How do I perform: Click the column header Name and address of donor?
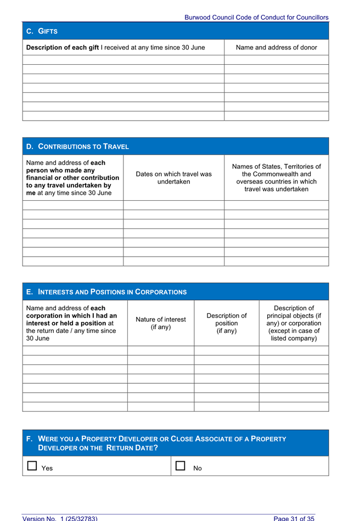click(x=276, y=47)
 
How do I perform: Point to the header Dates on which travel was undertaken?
click(x=173, y=177)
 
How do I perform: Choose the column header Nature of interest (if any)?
click(x=160, y=322)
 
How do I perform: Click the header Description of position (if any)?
click(x=226, y=322)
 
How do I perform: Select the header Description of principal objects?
click(x=294, y=322)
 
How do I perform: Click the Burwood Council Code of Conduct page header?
click(x=256, y=18)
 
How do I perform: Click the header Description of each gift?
click(x=115, y=47)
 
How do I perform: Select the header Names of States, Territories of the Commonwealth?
click(x=276, y=177)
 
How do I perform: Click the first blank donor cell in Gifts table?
click(x=276, y=60)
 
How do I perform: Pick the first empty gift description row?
click(x=123, y=60)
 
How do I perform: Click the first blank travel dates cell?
click(x=173, y=205)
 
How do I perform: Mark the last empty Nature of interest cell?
click(x=160, y=406)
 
